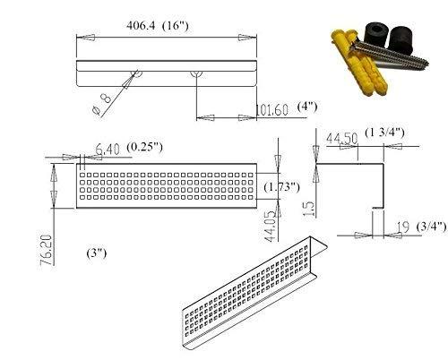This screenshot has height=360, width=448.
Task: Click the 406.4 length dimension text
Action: point(141,25)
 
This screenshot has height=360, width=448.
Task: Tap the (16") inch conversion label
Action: point(176,25)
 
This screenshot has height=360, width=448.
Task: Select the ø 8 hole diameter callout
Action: point(102,103)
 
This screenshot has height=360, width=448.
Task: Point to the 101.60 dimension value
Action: point(272,110)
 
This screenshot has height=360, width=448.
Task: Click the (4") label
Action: point(307,107)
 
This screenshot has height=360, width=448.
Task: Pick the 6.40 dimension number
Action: point(108,150)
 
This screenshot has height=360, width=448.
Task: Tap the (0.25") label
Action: point(145,147)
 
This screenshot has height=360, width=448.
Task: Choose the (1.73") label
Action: point(281,187)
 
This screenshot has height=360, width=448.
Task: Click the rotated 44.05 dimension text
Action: point(271,227)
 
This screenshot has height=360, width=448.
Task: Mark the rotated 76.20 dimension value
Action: point(47,250)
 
